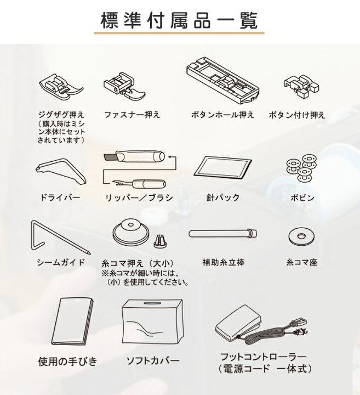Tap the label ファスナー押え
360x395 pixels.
pyautogui.click(x=132, y=116)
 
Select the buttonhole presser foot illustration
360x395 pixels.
pyautogui.click(x=222, y=81)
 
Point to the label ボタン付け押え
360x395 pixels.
pyautogui.click(x=297, y=116)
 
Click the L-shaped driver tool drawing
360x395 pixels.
pyautogui.click(x=60, y=170)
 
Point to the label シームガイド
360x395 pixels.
pyautogui.click(x=60, y=262)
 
